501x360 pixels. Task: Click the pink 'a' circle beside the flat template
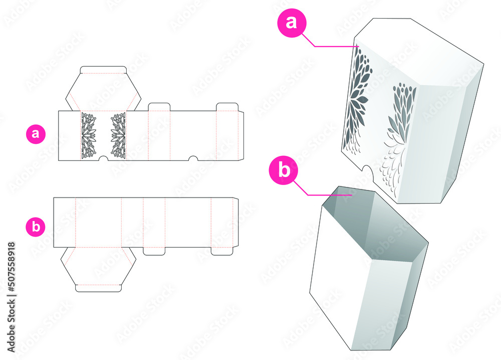coord(36,134)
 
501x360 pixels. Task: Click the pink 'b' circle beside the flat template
coord(36,227)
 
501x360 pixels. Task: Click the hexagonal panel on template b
coord(98,266)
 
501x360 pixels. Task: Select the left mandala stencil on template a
coord(88,135)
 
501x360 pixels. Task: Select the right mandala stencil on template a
coord(118,135)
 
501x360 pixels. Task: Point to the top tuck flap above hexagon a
coord(104,69)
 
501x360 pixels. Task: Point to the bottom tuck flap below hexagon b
coord(98,288)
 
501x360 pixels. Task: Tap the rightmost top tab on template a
coord(226,107)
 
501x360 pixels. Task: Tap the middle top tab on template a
coord(159,107)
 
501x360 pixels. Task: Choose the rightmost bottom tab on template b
coord(222,251)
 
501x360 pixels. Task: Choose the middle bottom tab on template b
coord(154,251)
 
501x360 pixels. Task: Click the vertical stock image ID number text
coord(12,276)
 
